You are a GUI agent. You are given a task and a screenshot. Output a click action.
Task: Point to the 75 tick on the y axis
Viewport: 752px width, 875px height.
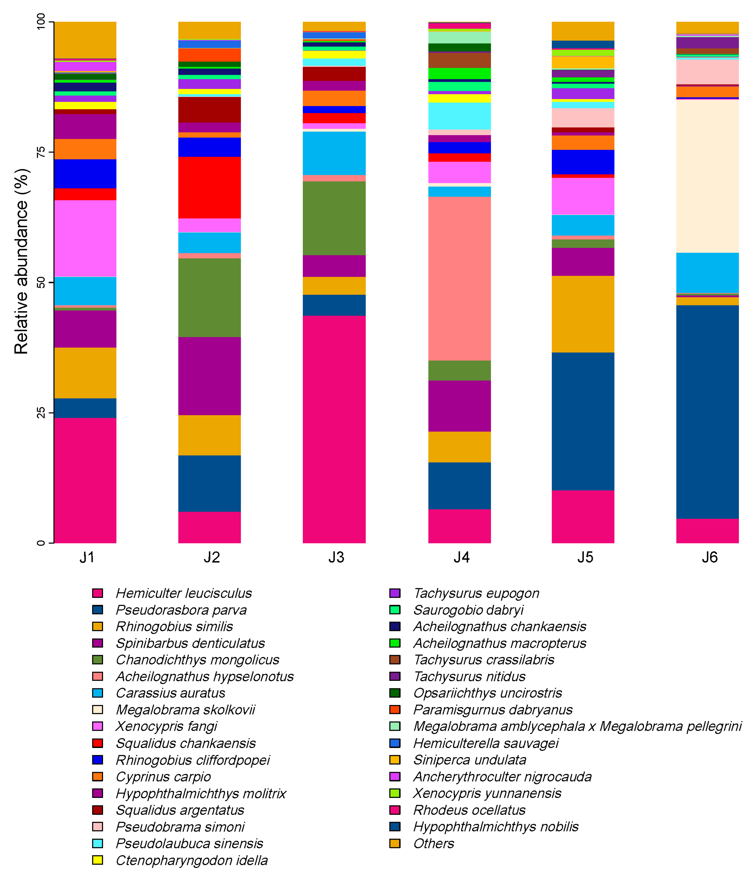pyautogui.click(x=41, y=152)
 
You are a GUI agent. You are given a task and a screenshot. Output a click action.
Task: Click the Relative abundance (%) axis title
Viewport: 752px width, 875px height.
pyautogui.click(x=21, y=261)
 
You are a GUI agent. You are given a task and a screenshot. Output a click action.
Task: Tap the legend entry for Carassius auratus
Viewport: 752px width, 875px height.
pyautogui.click(x=170, y=693)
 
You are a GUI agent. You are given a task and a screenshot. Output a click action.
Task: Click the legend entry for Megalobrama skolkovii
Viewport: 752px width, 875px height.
pyautogui.click(x=185, y=710)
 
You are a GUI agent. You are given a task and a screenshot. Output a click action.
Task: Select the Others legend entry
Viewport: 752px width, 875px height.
pyautogui.click(x=433, y=843)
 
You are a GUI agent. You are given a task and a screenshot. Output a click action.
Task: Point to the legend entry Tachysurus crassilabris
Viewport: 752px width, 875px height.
pyautogui.click(x=483, y=660)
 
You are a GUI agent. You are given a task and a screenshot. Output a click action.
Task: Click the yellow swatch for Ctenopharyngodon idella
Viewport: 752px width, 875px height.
pyautogui.click(x=98, y=860)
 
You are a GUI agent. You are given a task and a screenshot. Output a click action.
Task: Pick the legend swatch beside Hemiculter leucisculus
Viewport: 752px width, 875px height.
pyautogui.click(x=98, y=593)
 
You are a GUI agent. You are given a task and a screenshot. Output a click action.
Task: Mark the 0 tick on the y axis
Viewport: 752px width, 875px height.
pyautogui.click(x=41, y=543)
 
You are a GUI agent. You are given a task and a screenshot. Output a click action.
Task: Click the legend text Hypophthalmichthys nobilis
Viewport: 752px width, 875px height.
pyautogui.click(x=495, y=826)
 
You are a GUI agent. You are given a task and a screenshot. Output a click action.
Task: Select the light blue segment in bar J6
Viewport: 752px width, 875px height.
pyautogui.click(x=707, y=272)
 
